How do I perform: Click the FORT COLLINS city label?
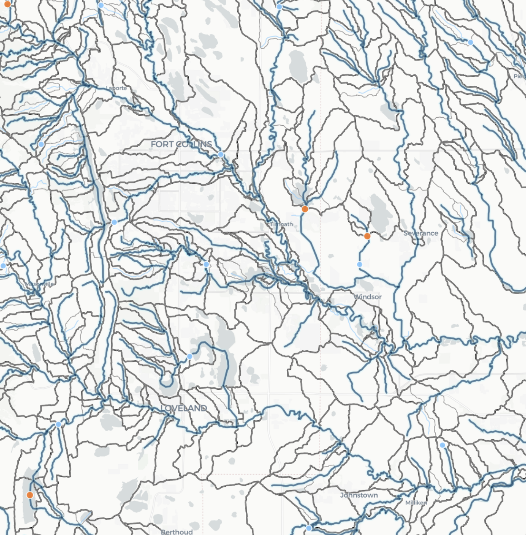coord(181,144)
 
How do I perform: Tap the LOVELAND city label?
coord(184,408)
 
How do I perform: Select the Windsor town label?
coord(368,297)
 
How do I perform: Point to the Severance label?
coord(421,233)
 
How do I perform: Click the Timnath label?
coord(281,224)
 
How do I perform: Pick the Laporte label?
coord(116,88)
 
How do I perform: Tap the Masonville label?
coord(40,284)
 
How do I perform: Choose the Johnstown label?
coord(359,495)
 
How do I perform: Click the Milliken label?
coord(416,503)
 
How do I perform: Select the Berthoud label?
coord(177,532)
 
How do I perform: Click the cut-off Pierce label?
coord(520,76)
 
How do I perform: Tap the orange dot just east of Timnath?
coord(305,209)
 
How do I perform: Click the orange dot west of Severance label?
coord(367,236)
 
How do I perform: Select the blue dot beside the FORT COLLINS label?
coord(221,154)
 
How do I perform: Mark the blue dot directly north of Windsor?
coord(359,265)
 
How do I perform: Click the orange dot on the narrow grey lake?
coord(30,495)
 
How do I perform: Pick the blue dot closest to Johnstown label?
coord(309,528)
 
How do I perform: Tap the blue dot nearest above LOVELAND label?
coord(190,357)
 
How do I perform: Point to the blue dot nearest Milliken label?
coord(442,445)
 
